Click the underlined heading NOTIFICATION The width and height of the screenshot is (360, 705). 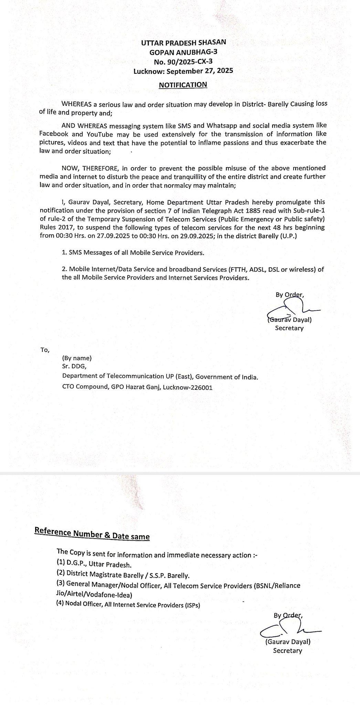click(x=183, y=85)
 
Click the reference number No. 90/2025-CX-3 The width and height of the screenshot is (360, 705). click(x=183, y=62)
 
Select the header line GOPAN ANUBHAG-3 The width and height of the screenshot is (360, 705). click(x=183, y=52)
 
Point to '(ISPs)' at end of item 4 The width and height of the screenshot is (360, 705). click(x=191, y=605)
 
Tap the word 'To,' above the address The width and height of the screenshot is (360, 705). click(x=45, y=350)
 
